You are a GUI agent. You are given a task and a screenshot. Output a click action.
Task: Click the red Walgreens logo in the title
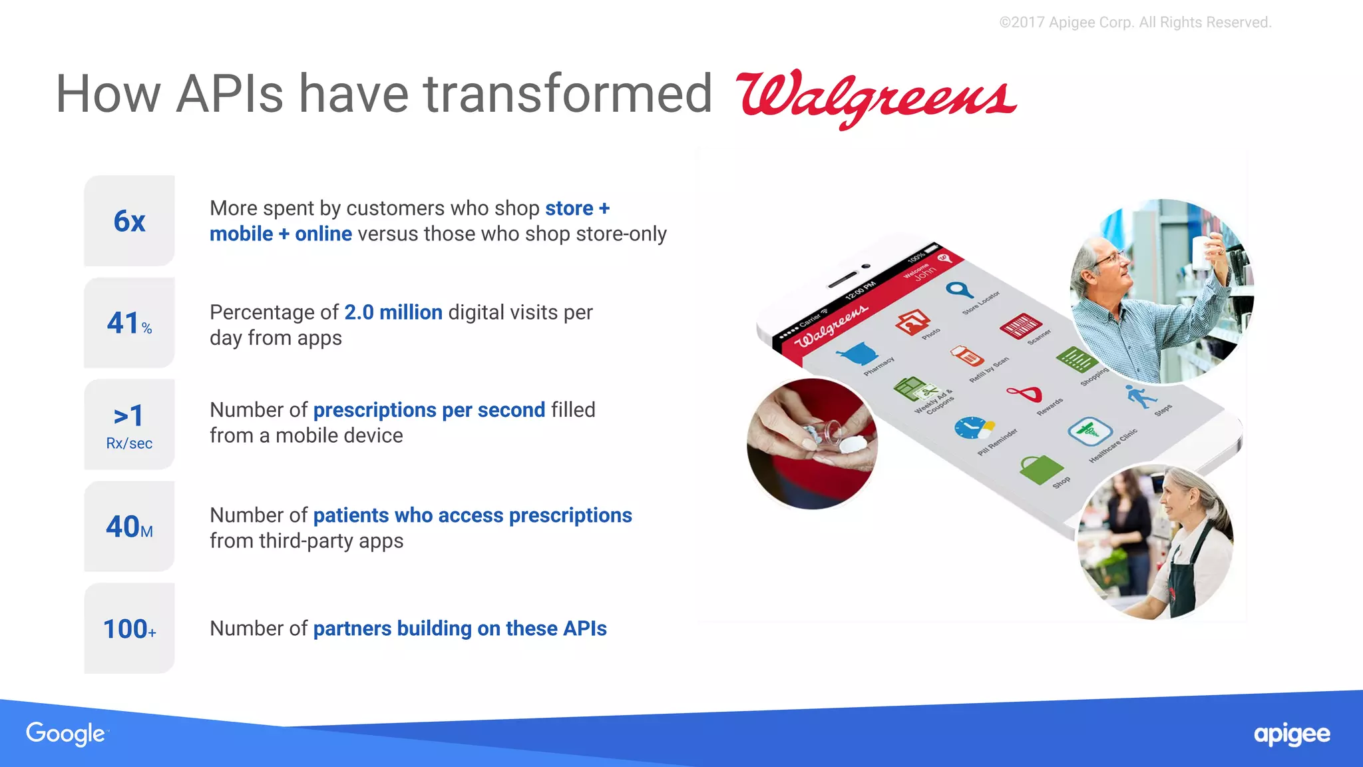[875, 97]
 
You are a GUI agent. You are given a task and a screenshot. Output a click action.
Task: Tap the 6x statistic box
[129, 221]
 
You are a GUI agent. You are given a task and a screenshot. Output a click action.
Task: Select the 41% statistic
[129, 324]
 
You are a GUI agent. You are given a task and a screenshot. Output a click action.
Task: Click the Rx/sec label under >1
[129, 443]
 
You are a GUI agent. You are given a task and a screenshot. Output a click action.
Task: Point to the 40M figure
[129, 527]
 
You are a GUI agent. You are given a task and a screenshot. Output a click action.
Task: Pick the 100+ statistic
[129, 629]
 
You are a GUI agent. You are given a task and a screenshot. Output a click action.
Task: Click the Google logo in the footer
[65, 733]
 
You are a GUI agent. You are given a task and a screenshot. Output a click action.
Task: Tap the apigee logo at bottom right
[1291, 734]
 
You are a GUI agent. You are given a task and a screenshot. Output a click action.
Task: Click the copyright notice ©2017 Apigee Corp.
[1135, 23]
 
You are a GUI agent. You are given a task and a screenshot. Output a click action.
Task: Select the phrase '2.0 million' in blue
[393, 312]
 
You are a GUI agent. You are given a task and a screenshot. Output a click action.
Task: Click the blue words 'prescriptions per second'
[429, 410]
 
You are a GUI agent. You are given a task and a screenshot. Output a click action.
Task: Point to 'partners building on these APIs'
[459, 629]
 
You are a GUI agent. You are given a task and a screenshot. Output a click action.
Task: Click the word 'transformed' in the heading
[568, 94]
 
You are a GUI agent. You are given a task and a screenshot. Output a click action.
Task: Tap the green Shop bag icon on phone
[1040, 469]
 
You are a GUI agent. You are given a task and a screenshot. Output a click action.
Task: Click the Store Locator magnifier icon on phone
[959, 290]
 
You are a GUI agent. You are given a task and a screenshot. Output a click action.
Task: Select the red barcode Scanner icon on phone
[1019, 326]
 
